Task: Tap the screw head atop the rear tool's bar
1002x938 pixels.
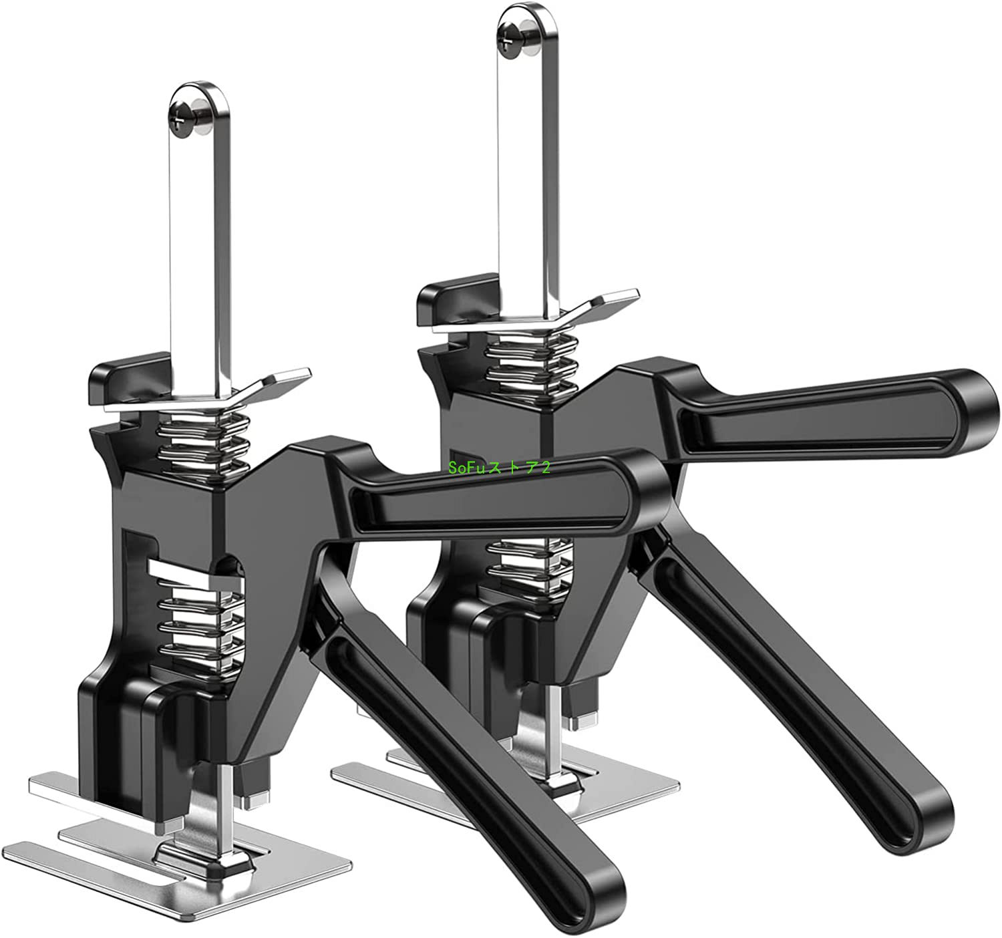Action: pyautogui.click(x=515, y=37)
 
